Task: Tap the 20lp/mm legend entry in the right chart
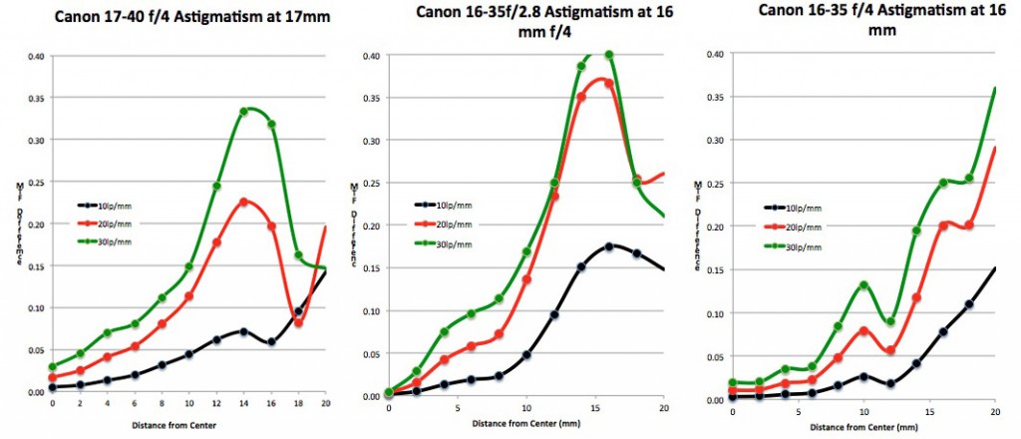point(798,227)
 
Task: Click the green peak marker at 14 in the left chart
point(243,112)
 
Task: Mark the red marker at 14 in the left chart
point(243,203)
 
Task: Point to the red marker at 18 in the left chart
point(298,322)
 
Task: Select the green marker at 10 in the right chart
point(864,286)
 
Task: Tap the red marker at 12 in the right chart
point(890,350)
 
